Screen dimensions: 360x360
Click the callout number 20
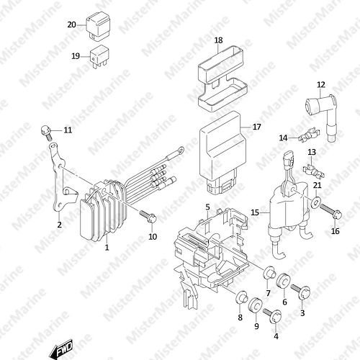tap(71, 24)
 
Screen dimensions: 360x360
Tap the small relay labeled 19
tap(99, 57)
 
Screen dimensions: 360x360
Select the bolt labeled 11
tap(47, 132)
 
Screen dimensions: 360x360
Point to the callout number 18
tap(218, 40)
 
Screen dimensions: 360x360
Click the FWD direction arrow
tap(60, 348)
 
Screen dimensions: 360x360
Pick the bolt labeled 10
tap(148, 216)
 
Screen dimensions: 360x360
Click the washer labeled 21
tap(315, 202)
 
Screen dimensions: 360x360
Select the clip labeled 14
tap(309, 136)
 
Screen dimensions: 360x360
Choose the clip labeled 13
tap(314, 171)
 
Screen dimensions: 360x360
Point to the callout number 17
tap(257, 127)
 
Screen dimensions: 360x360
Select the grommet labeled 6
tap(284, 282)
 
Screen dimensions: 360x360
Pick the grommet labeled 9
tap(256, 306)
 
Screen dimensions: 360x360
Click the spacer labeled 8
tap(241, 297)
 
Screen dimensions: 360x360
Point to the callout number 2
tap(59, 225)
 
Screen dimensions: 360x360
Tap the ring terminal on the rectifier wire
tap(180, 150)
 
